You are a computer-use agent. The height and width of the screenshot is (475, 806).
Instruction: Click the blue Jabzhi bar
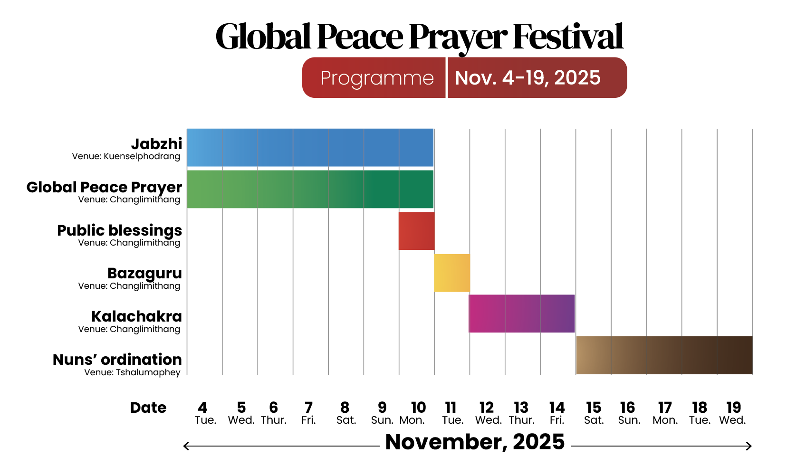tap(310, 148)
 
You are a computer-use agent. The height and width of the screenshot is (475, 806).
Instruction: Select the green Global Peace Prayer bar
tap(310, 189)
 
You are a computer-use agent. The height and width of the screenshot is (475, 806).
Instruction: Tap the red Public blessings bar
tap(416, 231)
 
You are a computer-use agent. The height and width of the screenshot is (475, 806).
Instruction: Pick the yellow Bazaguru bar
tap(452, 273)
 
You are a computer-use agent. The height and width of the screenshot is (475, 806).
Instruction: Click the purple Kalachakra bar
tap(521, 313)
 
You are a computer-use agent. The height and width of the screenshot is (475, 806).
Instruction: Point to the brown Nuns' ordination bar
tap(664, 355)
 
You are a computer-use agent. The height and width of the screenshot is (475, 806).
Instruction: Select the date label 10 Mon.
tap(413, 413)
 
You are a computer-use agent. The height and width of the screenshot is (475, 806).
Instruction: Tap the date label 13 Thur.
tap(521, 413)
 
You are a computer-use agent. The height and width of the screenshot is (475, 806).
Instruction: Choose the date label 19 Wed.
tap(733, 413)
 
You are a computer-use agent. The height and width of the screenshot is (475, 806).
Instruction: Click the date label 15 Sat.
tap(594, 413)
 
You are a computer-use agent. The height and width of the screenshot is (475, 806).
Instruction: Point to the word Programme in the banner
tap(377, 78)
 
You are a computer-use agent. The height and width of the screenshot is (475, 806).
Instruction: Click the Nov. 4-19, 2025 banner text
tap(528, 78)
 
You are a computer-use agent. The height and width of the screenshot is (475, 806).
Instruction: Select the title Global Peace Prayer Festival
tap(419, 37)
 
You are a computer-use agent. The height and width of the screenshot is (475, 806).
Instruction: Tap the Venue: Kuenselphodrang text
tap(126, 156)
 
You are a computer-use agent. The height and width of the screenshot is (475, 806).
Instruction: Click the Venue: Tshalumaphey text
tap(133, 372)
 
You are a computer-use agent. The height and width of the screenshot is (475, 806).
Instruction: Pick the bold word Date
tap(148, 408)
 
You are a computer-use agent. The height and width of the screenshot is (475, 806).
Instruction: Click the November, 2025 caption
tap(475, 442)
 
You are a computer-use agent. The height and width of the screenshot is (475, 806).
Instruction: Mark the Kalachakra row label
tap(136, 316)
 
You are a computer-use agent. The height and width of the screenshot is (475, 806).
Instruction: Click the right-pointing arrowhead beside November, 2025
tap(749, 446)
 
